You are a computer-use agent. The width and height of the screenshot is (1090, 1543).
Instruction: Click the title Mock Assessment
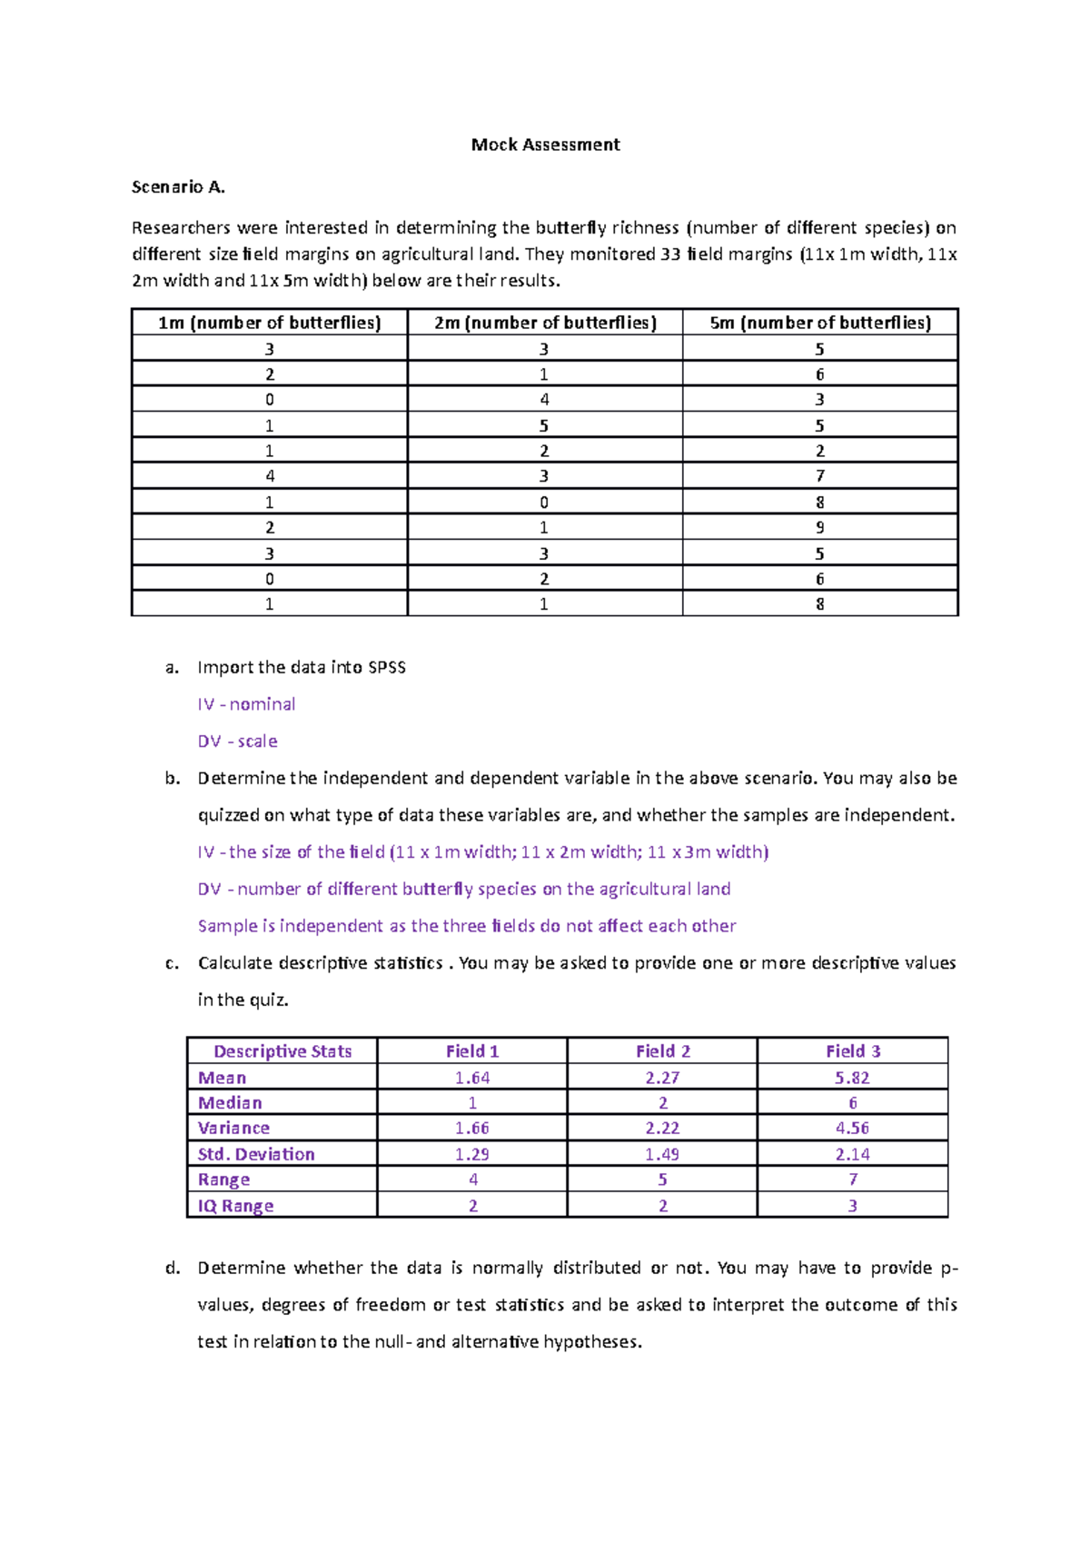[x=545, y=144]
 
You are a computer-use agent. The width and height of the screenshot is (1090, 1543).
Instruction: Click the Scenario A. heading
[x=178, y=187]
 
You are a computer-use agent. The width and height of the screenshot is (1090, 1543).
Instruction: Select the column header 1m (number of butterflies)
[x=269, y=323]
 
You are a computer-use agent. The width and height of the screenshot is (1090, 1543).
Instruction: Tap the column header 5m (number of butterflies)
[x=820, y=323]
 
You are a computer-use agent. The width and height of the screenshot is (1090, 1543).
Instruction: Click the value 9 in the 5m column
[x=820, y=528]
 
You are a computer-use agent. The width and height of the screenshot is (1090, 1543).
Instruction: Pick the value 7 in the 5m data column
[x=820, y=476]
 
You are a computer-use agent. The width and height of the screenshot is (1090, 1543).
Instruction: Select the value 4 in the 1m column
[x=270, y=476]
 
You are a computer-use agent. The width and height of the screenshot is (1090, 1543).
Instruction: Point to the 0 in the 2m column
[x=544, y=503]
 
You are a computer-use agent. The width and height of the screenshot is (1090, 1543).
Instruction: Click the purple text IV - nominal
[x=246, y=704]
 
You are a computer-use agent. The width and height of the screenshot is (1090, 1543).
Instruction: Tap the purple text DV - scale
[x=237, y=742]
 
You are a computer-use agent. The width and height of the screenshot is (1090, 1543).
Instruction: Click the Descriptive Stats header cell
[x=282, y=1051]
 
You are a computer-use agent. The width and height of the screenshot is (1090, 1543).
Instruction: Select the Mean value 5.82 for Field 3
[x=852, y=1078]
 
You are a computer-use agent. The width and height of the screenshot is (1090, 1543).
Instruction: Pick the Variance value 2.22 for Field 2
[x=662, y=1128]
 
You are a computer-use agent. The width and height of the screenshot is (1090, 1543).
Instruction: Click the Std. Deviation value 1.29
[x=472, y=1154]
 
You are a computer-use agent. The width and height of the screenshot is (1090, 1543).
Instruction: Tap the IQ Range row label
[x=236, y=1206]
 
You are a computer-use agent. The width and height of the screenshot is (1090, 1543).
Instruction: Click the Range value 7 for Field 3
[x=852, y=1180]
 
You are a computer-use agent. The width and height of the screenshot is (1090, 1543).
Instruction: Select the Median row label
[x=230, y=1103]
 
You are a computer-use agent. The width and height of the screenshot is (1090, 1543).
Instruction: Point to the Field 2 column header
[x=662, y=1051]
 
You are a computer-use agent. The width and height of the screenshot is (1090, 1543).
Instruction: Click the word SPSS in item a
[x=387, y=668]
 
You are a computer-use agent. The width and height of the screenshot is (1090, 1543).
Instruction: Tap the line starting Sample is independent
[x=466, y=926]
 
